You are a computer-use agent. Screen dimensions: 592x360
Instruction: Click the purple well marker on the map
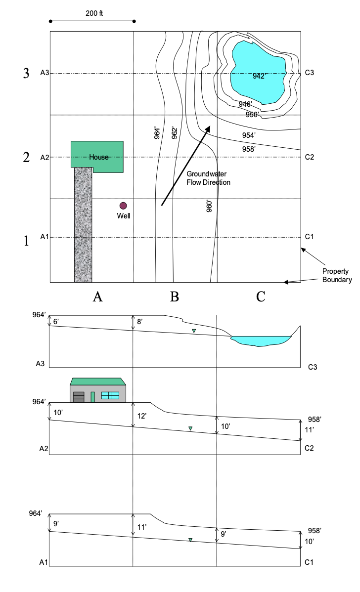[x=123, y=206]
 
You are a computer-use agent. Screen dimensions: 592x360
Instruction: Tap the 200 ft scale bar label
[x=92, y=13]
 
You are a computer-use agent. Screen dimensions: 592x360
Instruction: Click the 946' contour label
[x=245, y=104]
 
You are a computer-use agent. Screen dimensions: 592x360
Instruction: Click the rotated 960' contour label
[x=209, y=206]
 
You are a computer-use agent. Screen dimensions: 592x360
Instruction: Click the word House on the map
[x=99, y=157]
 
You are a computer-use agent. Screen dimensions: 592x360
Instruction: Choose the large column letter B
[x=174, y=296]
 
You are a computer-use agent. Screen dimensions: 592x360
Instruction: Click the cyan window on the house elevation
[x=110, y=395]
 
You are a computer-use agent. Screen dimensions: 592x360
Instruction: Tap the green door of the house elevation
[x=92, y=396]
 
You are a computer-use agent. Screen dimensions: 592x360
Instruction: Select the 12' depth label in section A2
[x=141, y=416]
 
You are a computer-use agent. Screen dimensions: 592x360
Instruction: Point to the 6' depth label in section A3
[x=56, y=322]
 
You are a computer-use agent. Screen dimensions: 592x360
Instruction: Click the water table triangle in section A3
[x=194, y=331]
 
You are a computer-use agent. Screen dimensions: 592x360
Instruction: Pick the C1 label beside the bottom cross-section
[x=310, y=562]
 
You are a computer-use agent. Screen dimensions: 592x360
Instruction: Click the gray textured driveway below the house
[x=83, y=225]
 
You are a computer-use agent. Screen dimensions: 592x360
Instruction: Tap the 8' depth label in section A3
[x=140, y=322]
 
